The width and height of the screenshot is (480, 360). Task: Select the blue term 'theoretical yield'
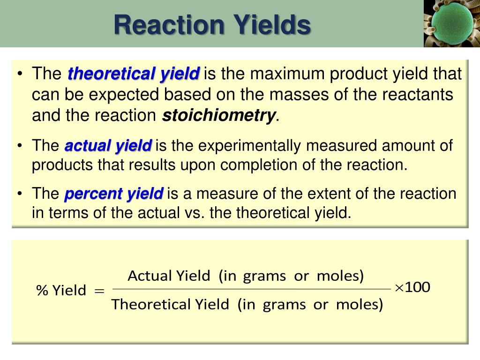pyautogui.click(x=134, y=74)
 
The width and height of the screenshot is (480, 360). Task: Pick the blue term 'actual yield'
pyautogui.click(x=108, y=146)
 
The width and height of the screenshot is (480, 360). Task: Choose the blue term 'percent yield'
pyautogui.click(x=114, y=194)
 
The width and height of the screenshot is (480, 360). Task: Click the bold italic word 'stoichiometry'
pyautogui.click(x=219, y=115)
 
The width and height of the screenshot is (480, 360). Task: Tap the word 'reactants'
pyautogui.click(x=418, y=95)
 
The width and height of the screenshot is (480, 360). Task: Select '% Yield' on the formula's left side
pyautogui.click(x=61, y=291)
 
